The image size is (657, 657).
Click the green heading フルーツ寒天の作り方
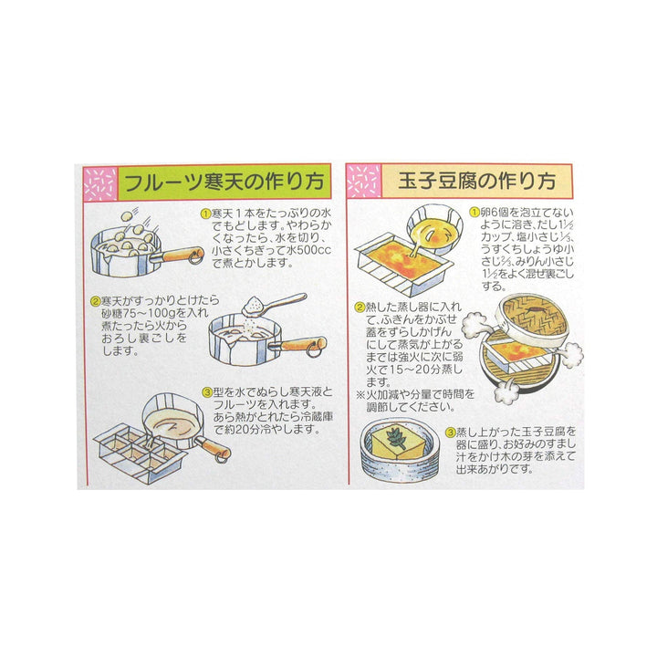224,182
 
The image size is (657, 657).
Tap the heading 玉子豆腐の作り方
476,182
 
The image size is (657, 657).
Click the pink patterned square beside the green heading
100,183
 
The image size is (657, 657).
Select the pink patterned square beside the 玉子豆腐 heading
364,181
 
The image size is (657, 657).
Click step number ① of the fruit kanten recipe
205,214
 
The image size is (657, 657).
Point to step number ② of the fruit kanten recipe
96,301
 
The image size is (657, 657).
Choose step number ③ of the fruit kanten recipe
207,392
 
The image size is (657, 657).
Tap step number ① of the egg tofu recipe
474,212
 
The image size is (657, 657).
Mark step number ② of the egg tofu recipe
360,308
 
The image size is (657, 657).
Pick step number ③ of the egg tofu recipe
451,432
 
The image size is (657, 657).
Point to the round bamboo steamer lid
531,320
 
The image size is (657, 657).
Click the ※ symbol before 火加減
360,395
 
